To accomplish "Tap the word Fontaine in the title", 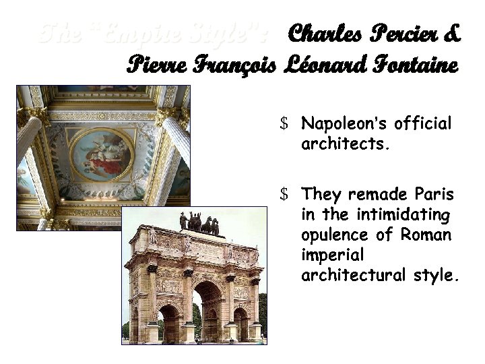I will [416, 65].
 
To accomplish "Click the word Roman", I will [425, 235].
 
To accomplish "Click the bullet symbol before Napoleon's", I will [285, 124].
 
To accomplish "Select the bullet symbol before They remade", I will [285, 195].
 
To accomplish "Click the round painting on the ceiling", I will [102, 154].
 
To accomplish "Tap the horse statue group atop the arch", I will [199, 223].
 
